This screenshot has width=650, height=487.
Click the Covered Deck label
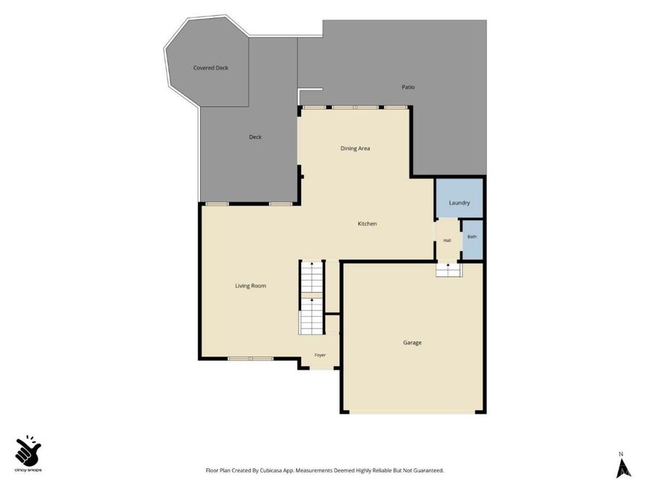pos(211,68)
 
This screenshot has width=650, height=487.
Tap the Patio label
pos(408,87)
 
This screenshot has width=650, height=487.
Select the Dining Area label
pos(355,148)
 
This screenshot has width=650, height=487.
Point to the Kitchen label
pos(368,224)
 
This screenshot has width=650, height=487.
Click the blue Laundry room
pos(459,198)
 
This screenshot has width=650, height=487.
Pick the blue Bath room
pos(472,240)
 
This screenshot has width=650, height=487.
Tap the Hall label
pos(447,240)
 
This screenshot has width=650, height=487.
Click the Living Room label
pos(251,286)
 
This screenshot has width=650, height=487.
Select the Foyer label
pos(320,355)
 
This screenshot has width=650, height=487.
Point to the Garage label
pos(412,343)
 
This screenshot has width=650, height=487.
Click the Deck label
pos(256,137)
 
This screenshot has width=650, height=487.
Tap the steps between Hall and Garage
pos(448,270)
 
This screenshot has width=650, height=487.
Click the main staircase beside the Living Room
pos(311,298)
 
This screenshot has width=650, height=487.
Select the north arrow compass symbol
pos(623,467)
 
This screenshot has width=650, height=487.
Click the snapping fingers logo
pos(27,450)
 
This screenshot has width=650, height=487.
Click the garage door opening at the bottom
pos(412,412)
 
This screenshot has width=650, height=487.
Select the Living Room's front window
pos(251,359)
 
